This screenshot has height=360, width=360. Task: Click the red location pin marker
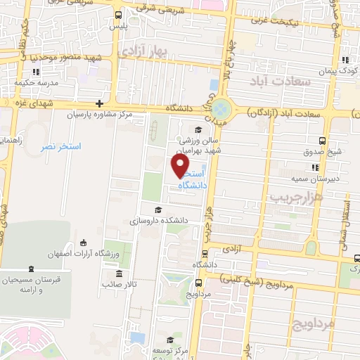[180, 165]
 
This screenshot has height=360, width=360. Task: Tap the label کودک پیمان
[343, 71]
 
